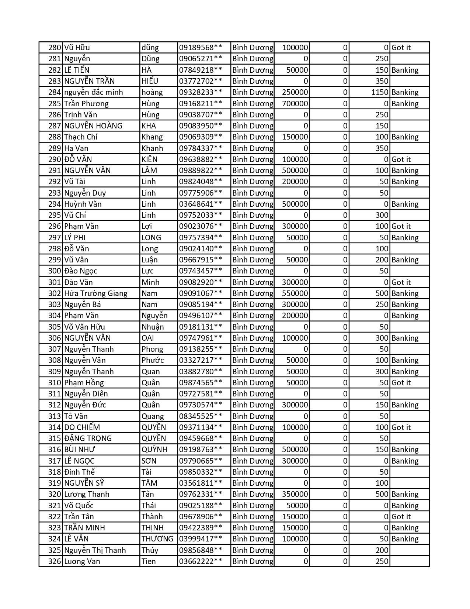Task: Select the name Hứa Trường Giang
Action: tap(95, 293)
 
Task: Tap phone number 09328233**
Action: tap(201, 92)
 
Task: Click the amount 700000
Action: tap(295, 104)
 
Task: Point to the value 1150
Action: tap(380, 92)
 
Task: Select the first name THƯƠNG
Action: tap(157, 539)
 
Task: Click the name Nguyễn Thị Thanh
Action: tap(95, 550)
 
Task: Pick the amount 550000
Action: tap(295, 293)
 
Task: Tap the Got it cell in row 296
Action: tap(401, 226)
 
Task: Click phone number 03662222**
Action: tap(201, 561)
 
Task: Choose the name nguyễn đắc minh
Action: tap(94, 92)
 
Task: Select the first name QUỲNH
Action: tap(154, 450)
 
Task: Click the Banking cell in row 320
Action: tap(405, 494)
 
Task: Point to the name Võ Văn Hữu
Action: tap(84, 327)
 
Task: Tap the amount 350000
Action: tap(295, 494)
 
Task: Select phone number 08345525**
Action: tap(201, 416)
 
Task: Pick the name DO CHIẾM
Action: tap(82, 427)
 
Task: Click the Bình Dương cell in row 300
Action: tap(253, 271)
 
